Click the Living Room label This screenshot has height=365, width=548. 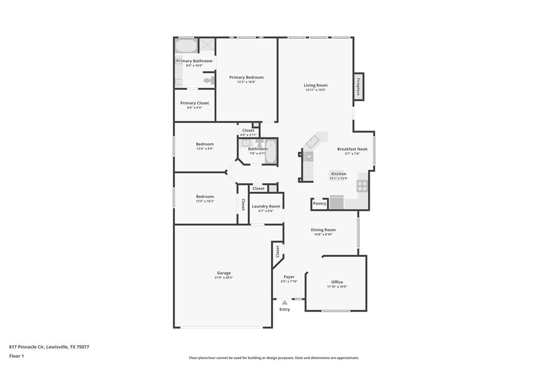click(x=315, y=85)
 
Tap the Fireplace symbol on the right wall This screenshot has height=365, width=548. click(x=359, y=87)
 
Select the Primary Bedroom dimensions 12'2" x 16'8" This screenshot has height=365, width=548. click(x=246, y=82)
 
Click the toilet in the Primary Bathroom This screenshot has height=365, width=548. click(x=208, y=80)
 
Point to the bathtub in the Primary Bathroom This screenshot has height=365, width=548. click(x=186, y=46)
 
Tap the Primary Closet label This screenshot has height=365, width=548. click(x=194, y=103)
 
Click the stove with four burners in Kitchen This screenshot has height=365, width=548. click(x=362, y=186)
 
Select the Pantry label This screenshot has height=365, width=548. click(x=319, y=203)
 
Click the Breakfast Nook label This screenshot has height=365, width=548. click(x=352, y=149)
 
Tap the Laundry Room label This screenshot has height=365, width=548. click(x=266, y=206)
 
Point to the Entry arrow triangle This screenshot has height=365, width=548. click(x=285, y=302)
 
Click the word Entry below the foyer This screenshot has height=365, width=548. click(x=285, y=309)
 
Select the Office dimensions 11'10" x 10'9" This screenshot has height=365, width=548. click(x=337, y=287)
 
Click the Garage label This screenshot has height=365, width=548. click(x=224, y=273)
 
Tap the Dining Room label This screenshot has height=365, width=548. click(x=323, y=230)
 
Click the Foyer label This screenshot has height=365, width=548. click(x=289, y=277)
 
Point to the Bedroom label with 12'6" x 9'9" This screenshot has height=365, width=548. click(x=204, y=144)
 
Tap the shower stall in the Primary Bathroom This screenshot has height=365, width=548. click(x=207, y=45)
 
